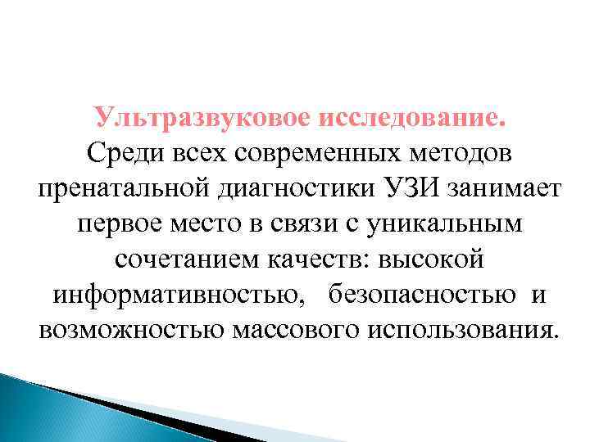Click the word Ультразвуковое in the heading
(201, 118)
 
